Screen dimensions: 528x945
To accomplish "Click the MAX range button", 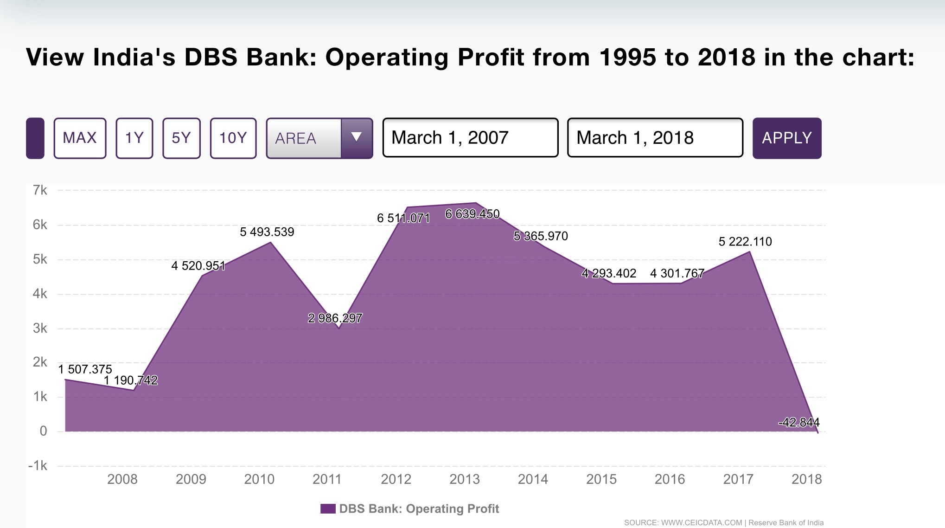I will [80, 138].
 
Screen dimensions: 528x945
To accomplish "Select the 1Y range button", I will [134, 138].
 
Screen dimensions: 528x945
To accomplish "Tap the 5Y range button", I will [181, 138].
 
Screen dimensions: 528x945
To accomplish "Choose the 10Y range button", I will [233, 138].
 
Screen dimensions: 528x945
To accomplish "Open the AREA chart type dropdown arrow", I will [356, 138].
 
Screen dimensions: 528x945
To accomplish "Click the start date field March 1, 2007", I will [470, 138].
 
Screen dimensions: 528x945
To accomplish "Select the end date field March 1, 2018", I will [655, 138].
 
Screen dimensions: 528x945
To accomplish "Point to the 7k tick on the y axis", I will [40, 190].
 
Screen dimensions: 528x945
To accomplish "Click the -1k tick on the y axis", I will [38, 466].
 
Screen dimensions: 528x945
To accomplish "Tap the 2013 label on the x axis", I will [464, 479].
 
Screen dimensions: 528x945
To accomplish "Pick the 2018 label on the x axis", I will [806, 479].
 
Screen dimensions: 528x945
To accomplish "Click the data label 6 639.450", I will [472, 214].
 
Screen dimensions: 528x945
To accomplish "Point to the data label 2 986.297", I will [335, 318].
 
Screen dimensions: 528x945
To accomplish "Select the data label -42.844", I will [798, 423].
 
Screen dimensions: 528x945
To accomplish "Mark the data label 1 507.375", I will [85, 369].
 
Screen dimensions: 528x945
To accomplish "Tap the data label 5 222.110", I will [745, 242].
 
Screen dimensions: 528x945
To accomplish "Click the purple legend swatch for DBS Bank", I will [328, 509].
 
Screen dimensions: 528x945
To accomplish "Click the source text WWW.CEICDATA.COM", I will [701, 523].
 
